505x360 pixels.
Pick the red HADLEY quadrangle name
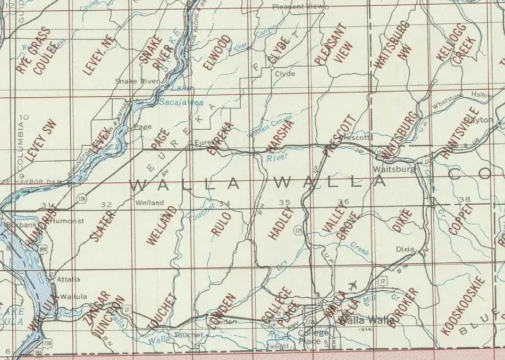pos(281,224)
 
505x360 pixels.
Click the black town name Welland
pos(149,203)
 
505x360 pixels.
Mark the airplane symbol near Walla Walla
pos(351,285)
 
